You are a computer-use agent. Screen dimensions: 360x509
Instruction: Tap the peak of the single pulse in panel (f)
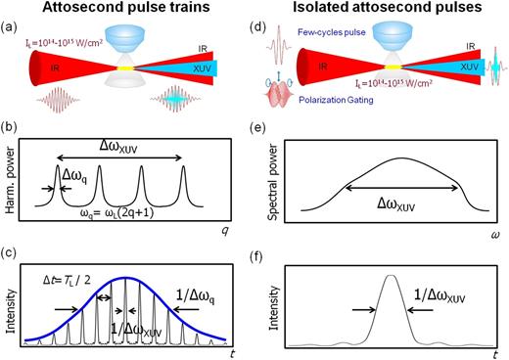[393, 277]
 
